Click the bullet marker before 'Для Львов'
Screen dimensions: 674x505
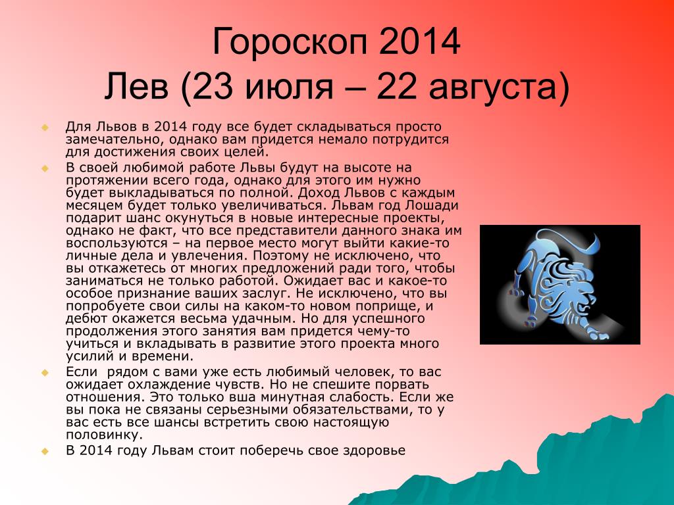tap(45, 128)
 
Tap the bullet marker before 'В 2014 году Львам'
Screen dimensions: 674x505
tap(45, 451)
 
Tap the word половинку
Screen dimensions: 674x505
tap(103, 435)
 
